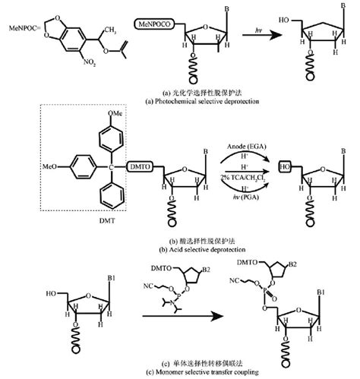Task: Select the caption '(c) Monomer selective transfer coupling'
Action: (x=180, y=372)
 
